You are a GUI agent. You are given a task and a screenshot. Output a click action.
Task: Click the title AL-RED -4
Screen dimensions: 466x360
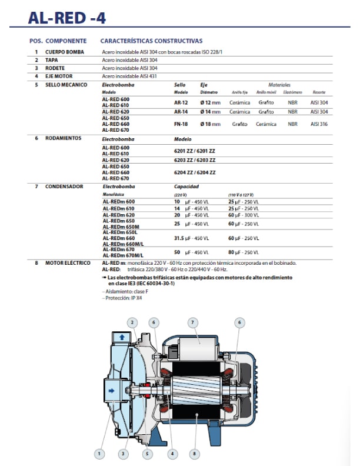tap(67, 18)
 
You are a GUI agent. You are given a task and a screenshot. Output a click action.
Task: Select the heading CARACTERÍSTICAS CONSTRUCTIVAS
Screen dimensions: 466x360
tap(151, 41)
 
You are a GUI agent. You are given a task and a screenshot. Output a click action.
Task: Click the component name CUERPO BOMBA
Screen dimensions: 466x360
tap(64, 52)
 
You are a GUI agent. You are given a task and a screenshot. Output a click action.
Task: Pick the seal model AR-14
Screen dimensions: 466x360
tap(181, 111)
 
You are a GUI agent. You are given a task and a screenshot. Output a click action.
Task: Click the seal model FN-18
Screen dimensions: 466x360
tap(181, 124)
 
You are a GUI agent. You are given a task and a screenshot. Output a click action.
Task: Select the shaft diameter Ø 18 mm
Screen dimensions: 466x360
tap(210, 124)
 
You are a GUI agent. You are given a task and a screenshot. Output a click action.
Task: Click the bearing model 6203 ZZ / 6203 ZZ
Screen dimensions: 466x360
tap(195, 159)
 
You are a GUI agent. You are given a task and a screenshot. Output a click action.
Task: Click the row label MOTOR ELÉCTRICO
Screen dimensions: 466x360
tap(68, 262)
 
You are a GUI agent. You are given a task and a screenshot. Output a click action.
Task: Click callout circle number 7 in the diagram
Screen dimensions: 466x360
tap(192, 322)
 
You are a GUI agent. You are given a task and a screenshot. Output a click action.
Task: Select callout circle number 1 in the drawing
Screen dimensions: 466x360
tap(100, 454)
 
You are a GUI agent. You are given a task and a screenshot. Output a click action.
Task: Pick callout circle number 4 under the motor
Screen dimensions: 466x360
tap(172, 454)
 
